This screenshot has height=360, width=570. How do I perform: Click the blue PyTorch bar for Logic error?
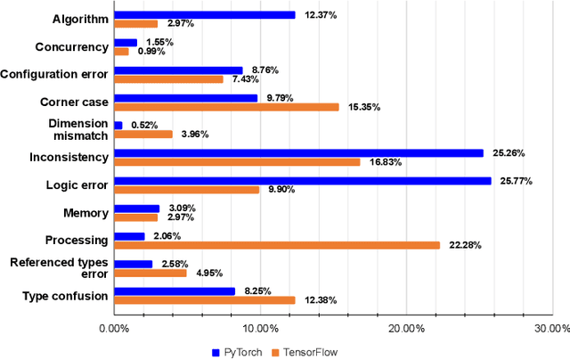[x=302, y=181]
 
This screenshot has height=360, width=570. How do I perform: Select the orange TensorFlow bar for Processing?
[x=276, y=245]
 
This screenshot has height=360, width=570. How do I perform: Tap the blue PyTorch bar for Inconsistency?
[x=298, y=152]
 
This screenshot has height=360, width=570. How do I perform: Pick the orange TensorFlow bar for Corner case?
[x=226, y=107]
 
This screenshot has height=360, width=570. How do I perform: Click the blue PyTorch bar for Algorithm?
[x=204, y=14]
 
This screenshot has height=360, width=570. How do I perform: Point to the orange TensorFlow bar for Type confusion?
[x=204, y=300]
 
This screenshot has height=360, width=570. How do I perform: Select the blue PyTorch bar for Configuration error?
[x=178, y=70]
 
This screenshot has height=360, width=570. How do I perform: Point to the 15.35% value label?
[x=363, y=107]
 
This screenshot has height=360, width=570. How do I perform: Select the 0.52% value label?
[x=145, y=125]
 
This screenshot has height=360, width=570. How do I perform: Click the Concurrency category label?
[x=71, y=47]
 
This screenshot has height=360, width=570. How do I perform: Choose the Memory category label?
[x=85, y=213]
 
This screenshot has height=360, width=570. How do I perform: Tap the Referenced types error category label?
[x=59, y=267]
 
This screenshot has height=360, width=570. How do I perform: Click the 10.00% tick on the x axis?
[x=259, y=328]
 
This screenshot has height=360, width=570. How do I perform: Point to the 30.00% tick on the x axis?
[x=548, y=328]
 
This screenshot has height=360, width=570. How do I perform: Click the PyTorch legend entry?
[x=236, y=352]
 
